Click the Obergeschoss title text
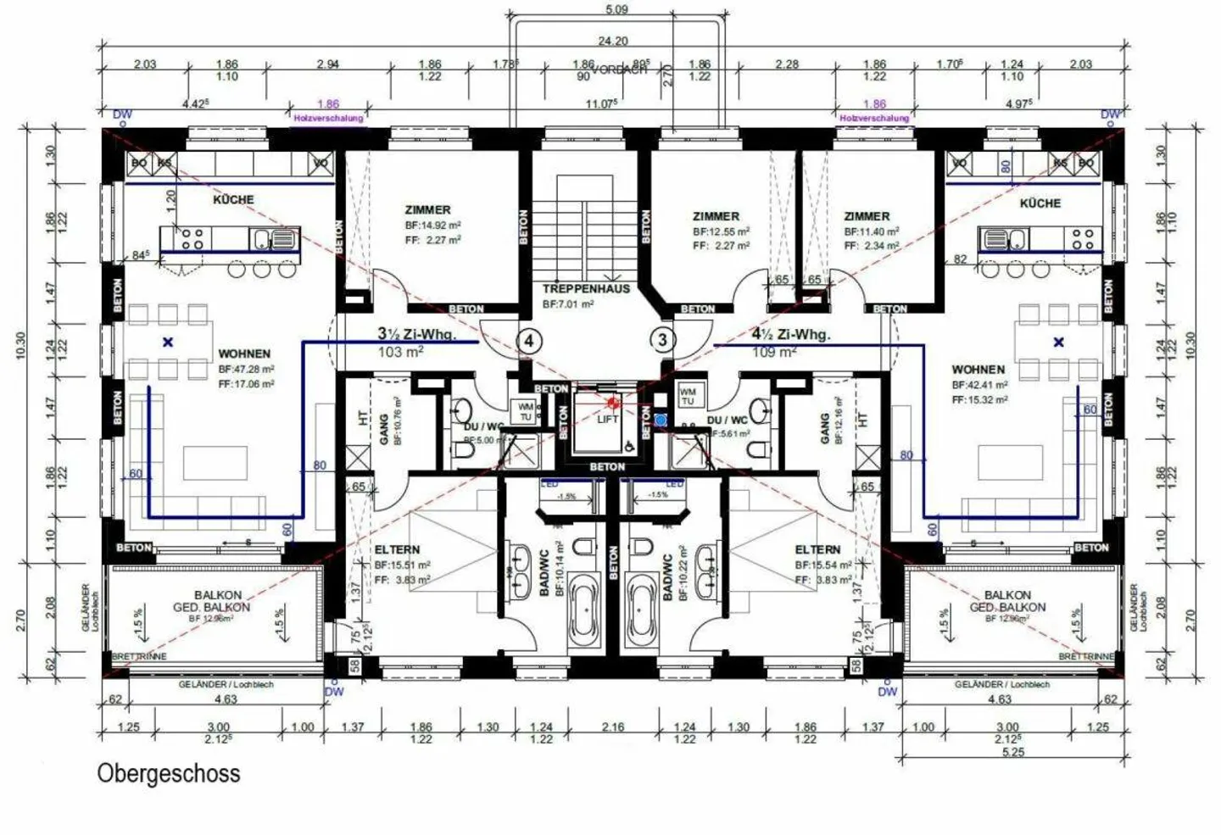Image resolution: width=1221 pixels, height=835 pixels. coord(169,773)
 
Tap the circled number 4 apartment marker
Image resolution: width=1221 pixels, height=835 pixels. coord(529,341)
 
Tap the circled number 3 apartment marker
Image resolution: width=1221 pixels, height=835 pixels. coord(662,341)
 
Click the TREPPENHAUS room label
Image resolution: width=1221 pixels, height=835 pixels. coord(586,288)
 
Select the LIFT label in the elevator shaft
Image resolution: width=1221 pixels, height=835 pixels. coord(607,419)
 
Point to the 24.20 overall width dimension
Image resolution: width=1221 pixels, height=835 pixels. coord(613,41)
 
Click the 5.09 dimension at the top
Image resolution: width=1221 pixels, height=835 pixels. coord(616,10)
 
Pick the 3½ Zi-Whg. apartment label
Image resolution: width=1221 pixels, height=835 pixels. coord(416,335)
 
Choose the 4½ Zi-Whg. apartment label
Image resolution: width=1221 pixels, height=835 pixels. coord(791,335)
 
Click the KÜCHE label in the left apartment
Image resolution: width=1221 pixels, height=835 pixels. coord(233,199)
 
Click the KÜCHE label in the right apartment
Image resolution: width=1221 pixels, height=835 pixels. coord(1040,203)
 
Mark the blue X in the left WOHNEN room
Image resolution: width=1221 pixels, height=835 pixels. coord(168,342)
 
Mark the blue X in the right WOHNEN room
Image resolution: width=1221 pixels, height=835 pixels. coord(1058,342)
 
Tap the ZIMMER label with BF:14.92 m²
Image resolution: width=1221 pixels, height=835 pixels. coord(428,209)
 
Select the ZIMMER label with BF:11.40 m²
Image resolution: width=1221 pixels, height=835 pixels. coord(867,216)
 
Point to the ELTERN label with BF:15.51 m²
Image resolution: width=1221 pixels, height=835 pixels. coord(397,549)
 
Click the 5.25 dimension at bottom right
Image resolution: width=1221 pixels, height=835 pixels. coord(1012,752)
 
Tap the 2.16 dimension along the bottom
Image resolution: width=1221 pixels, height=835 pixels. coord(612,727)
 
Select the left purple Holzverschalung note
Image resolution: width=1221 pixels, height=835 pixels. coord(328,119)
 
